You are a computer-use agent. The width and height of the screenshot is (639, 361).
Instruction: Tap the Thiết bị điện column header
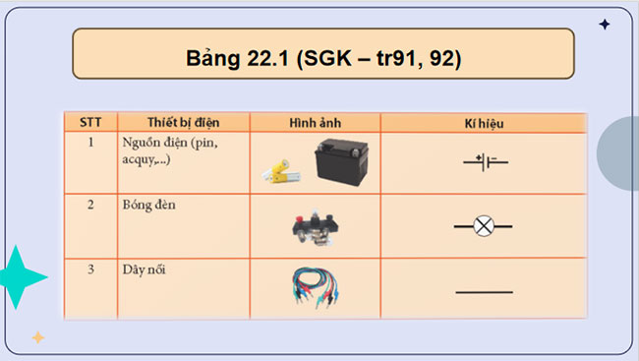(x=184, y=123)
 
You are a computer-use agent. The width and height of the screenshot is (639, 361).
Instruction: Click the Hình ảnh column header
(x=315, y=123)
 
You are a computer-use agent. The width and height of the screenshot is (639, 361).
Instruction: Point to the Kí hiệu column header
(x=484, y=123)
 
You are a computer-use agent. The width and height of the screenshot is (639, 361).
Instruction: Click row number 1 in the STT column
(x=90, y=143)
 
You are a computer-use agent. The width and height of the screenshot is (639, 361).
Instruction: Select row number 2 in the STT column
(x=90, y=205)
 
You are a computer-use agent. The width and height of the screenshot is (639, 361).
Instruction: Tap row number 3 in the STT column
(x=90, y=269)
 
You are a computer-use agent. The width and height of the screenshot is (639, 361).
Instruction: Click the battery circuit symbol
(x=484, y=160)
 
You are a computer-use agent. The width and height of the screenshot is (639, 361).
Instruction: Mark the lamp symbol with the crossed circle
(x=483, y=225)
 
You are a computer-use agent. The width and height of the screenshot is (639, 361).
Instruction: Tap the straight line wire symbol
(x=484, y=291)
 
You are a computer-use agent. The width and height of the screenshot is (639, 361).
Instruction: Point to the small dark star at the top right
(x=604, y=25)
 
